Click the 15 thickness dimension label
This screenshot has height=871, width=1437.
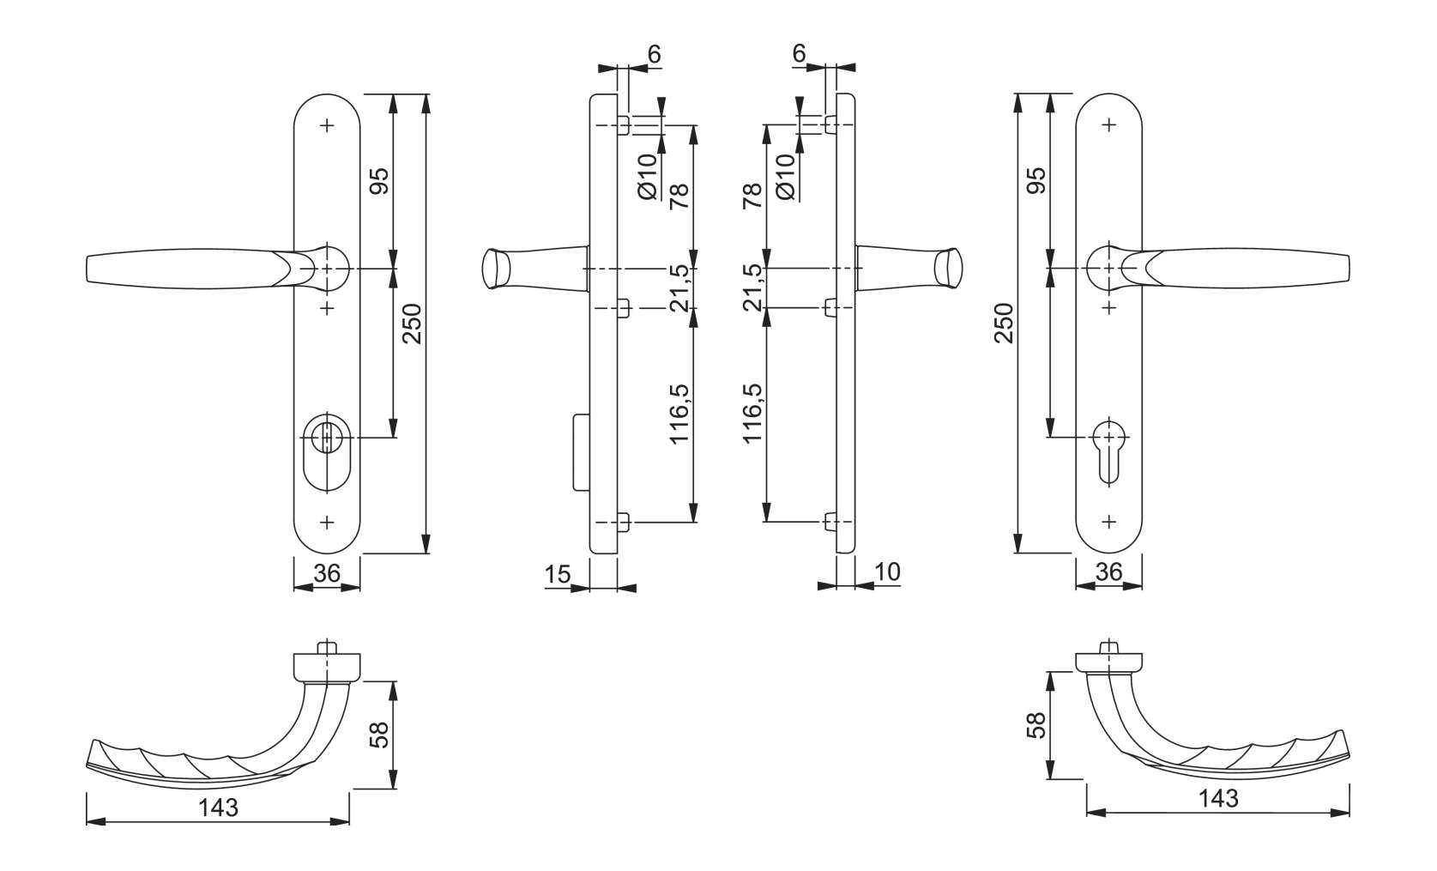tap(557, 573)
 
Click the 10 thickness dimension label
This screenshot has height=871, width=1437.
tap(888, 572)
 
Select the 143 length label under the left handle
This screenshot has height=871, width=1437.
tap(218, 807)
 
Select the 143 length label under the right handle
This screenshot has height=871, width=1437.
tap(1218, 798)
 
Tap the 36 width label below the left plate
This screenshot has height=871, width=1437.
tap(327, 572)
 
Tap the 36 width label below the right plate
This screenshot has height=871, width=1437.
tap(1108, 572)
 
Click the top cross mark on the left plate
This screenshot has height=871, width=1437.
tap(327, 125)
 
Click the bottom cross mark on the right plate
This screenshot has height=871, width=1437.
tap(1108, 521)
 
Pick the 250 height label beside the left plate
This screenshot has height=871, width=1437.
tap(413, 323)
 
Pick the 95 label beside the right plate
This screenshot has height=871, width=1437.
tap(1037, 180)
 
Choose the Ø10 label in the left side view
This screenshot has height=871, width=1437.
tap(648, 176)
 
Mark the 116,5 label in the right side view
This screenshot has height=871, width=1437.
tap(752, 413)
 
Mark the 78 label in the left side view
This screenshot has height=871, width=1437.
tap(679, 197)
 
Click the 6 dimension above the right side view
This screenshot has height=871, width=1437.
tap(799, 53)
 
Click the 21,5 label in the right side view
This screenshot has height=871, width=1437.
tap(752, 287)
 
